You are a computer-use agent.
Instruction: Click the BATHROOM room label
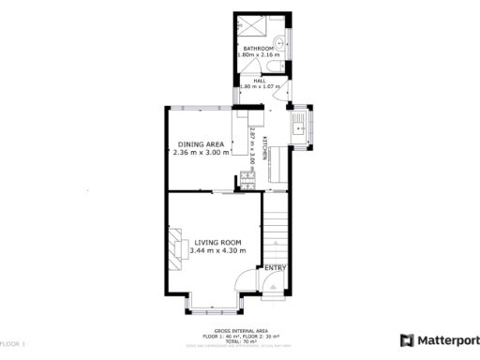(x=259, y=49)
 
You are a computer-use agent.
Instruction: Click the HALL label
(x=259, y=80)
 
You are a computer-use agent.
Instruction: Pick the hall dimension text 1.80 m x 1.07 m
(x=261, y=87)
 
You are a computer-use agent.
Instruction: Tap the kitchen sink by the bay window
(x=300, y=129)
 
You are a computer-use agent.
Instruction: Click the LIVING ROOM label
(x=217, y=243)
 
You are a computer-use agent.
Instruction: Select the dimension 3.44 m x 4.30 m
(x=217, y=251)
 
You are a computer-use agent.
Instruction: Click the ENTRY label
(x=275, y=269)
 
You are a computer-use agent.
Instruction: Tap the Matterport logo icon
(x=408, y=340)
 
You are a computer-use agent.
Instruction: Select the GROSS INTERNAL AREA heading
(x=241, y=331)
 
